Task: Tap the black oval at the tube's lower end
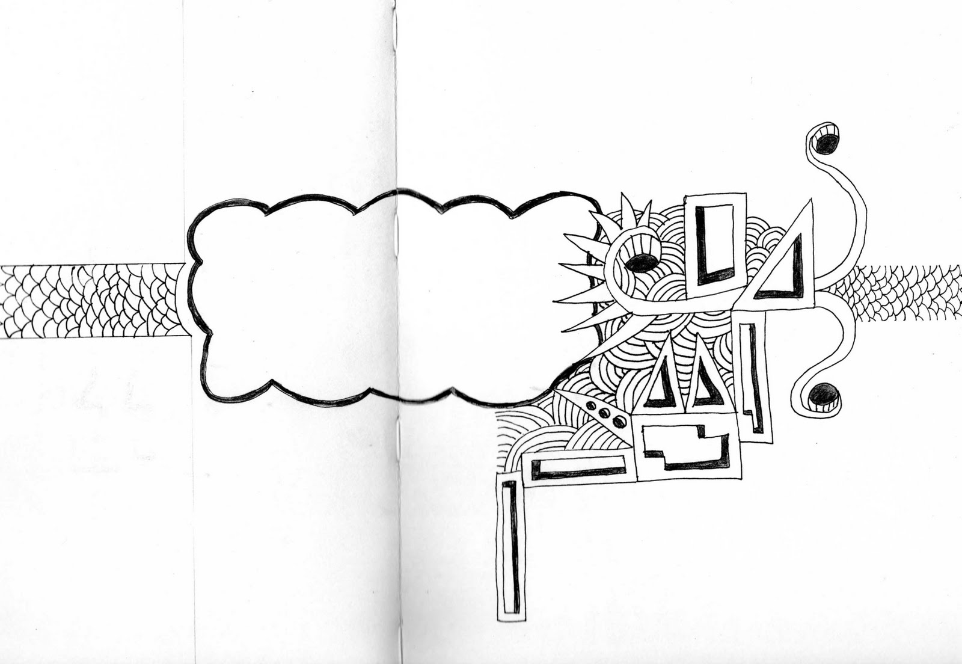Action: coord(822,395)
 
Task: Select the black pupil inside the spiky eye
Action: coord(642,263)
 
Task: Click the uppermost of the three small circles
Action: coord(592,407)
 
